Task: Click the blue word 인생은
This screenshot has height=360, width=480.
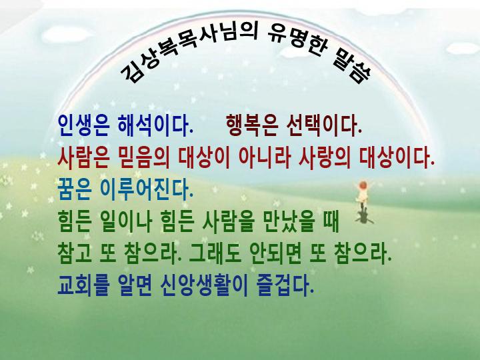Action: pos(83,125)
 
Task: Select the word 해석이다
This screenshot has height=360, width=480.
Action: pos(155,125)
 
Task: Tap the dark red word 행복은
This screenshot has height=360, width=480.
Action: pos(252,125)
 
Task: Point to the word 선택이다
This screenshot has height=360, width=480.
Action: pos(324,125)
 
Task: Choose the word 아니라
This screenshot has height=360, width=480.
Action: pos(264,157)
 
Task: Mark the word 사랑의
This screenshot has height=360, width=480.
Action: pos(325,157)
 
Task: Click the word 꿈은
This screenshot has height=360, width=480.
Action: pos(75,190)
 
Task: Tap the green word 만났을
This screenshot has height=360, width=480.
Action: pos(289,221)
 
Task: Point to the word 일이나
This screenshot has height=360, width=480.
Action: pos(126,221)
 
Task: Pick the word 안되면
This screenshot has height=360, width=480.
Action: pos(275,254)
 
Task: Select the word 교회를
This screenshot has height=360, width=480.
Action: pos(83,285)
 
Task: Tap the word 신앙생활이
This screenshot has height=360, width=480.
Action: pos(204,285)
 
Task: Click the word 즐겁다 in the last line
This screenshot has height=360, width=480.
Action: pos(285,285)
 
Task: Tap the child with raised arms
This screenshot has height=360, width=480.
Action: pos(363,195)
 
